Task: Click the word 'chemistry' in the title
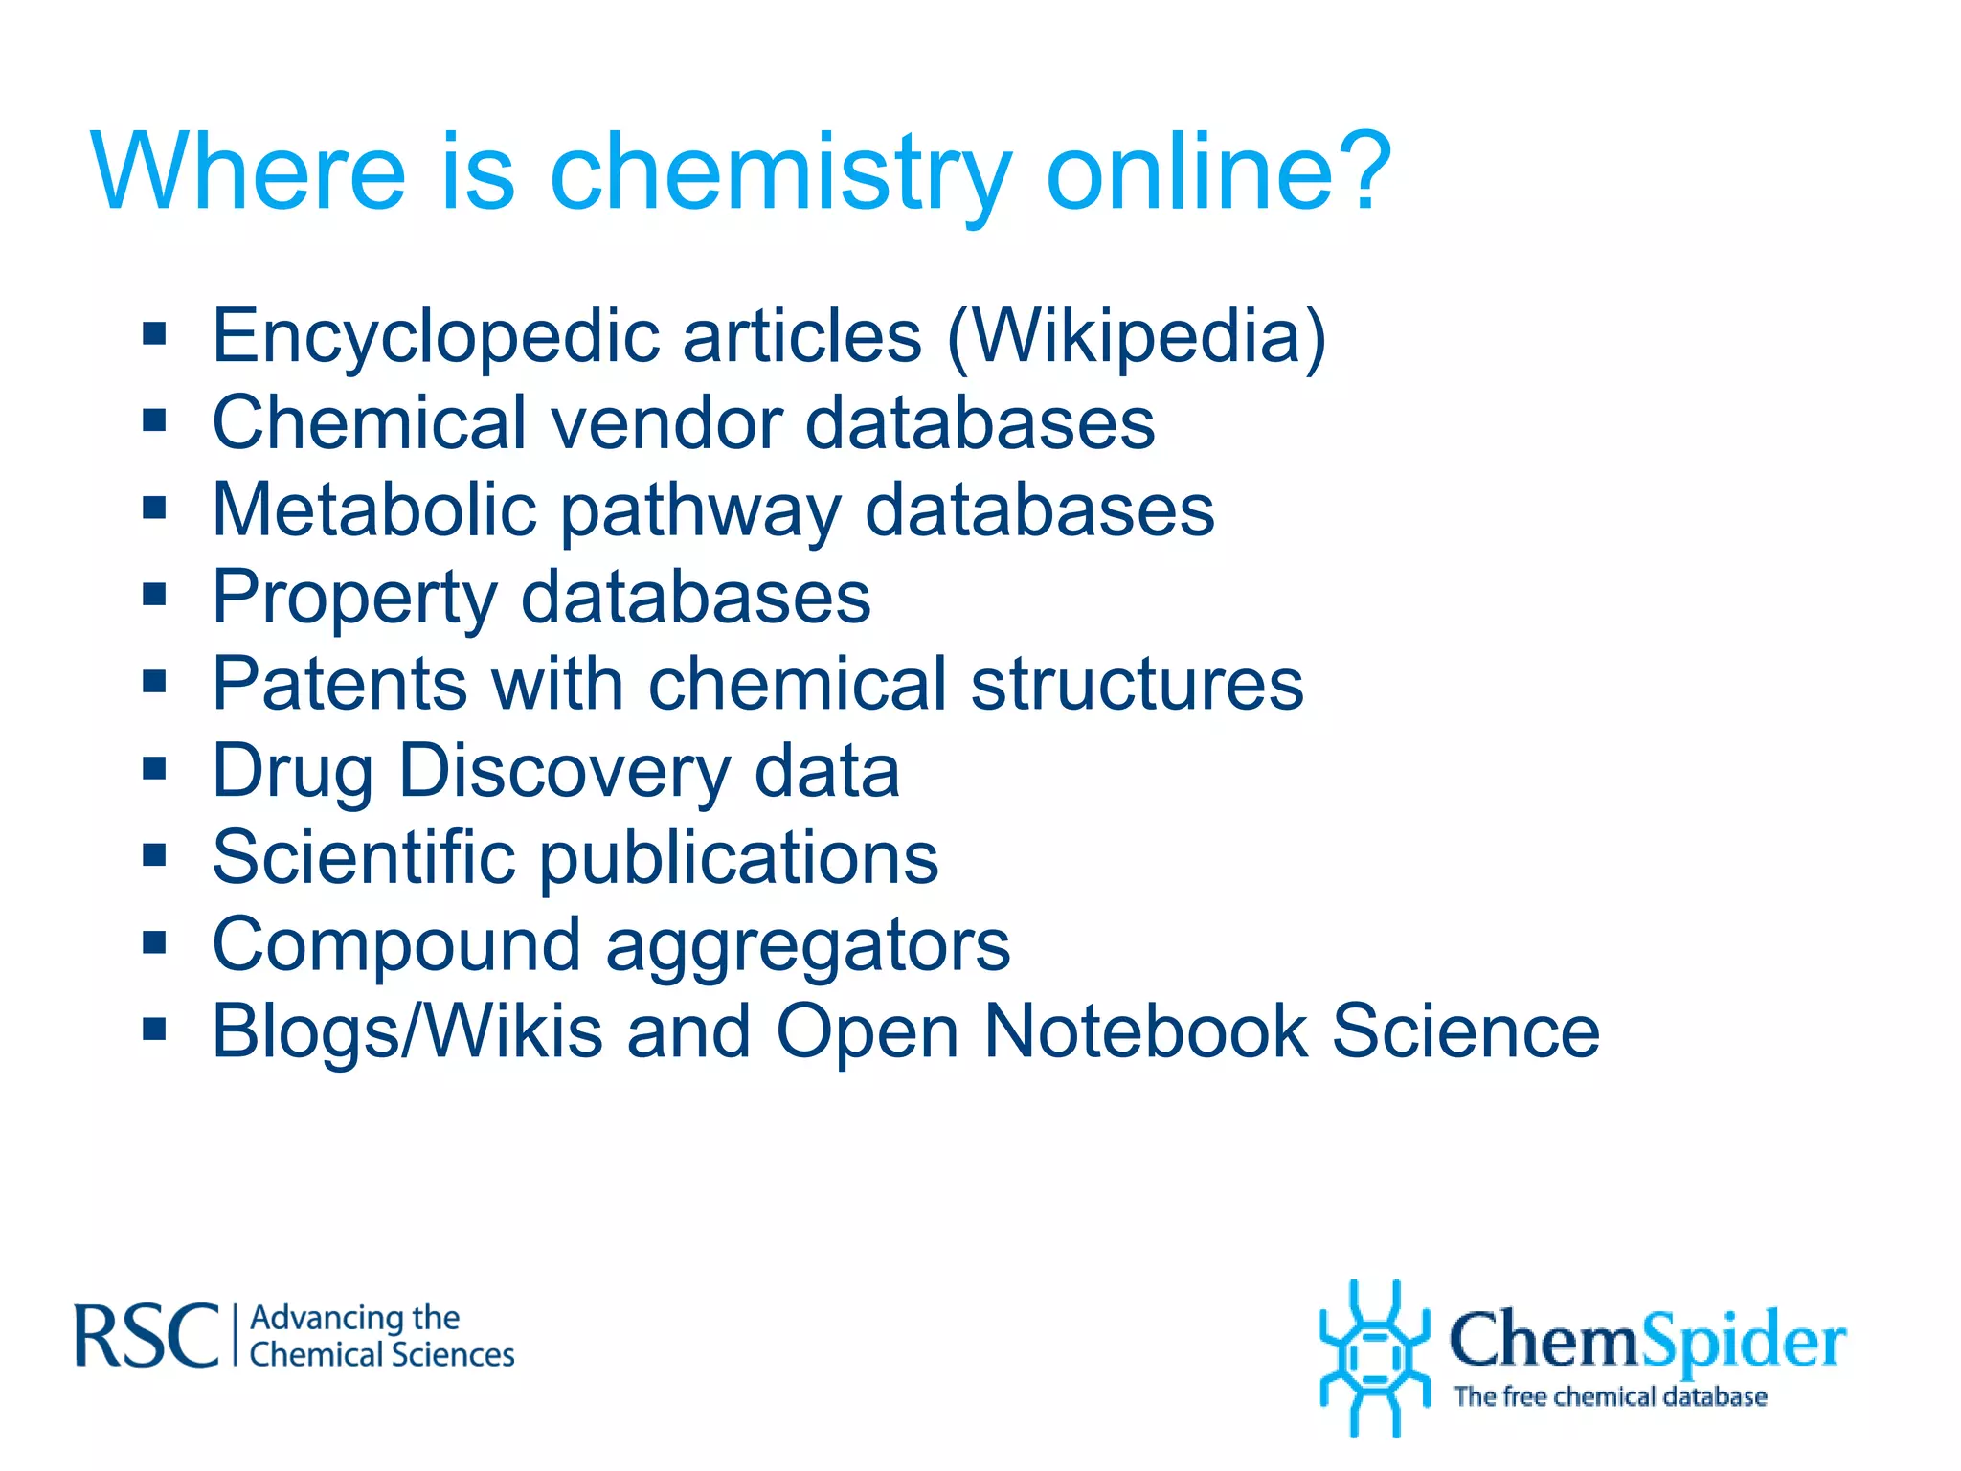[780, 173]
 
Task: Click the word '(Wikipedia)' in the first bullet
[1137, 337]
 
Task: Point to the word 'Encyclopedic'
[436, 337]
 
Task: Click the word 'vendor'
[667, 422]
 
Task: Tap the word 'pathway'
[700, 511]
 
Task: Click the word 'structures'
[1137, 684]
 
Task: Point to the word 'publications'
[738, 858]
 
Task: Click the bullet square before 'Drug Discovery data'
[154, 768]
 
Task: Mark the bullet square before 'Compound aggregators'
[154, 942]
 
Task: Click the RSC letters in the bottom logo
[147, 1335]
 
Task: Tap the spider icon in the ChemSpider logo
[1375, 1357]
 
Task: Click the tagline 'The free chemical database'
[1610, 1396]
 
